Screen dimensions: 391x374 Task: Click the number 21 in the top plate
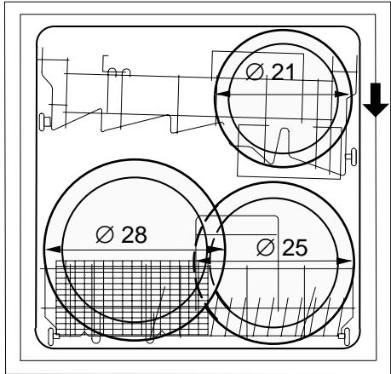(x=283, y=72)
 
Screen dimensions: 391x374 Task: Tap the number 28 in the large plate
(x=135, y=234)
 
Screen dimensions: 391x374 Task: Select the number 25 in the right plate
(x=295, y=248)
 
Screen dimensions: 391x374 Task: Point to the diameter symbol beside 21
(x=255, y=72)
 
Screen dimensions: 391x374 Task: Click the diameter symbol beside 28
(x=105, y=234)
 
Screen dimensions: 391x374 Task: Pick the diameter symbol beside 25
(x=266, y=247)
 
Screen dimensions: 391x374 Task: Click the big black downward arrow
(x=376, y=100)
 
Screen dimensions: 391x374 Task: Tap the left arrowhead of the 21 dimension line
(x=222, y=94)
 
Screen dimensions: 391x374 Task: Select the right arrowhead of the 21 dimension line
(x=342, y=94)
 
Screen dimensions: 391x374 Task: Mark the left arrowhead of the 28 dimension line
(x=53, y=250)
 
